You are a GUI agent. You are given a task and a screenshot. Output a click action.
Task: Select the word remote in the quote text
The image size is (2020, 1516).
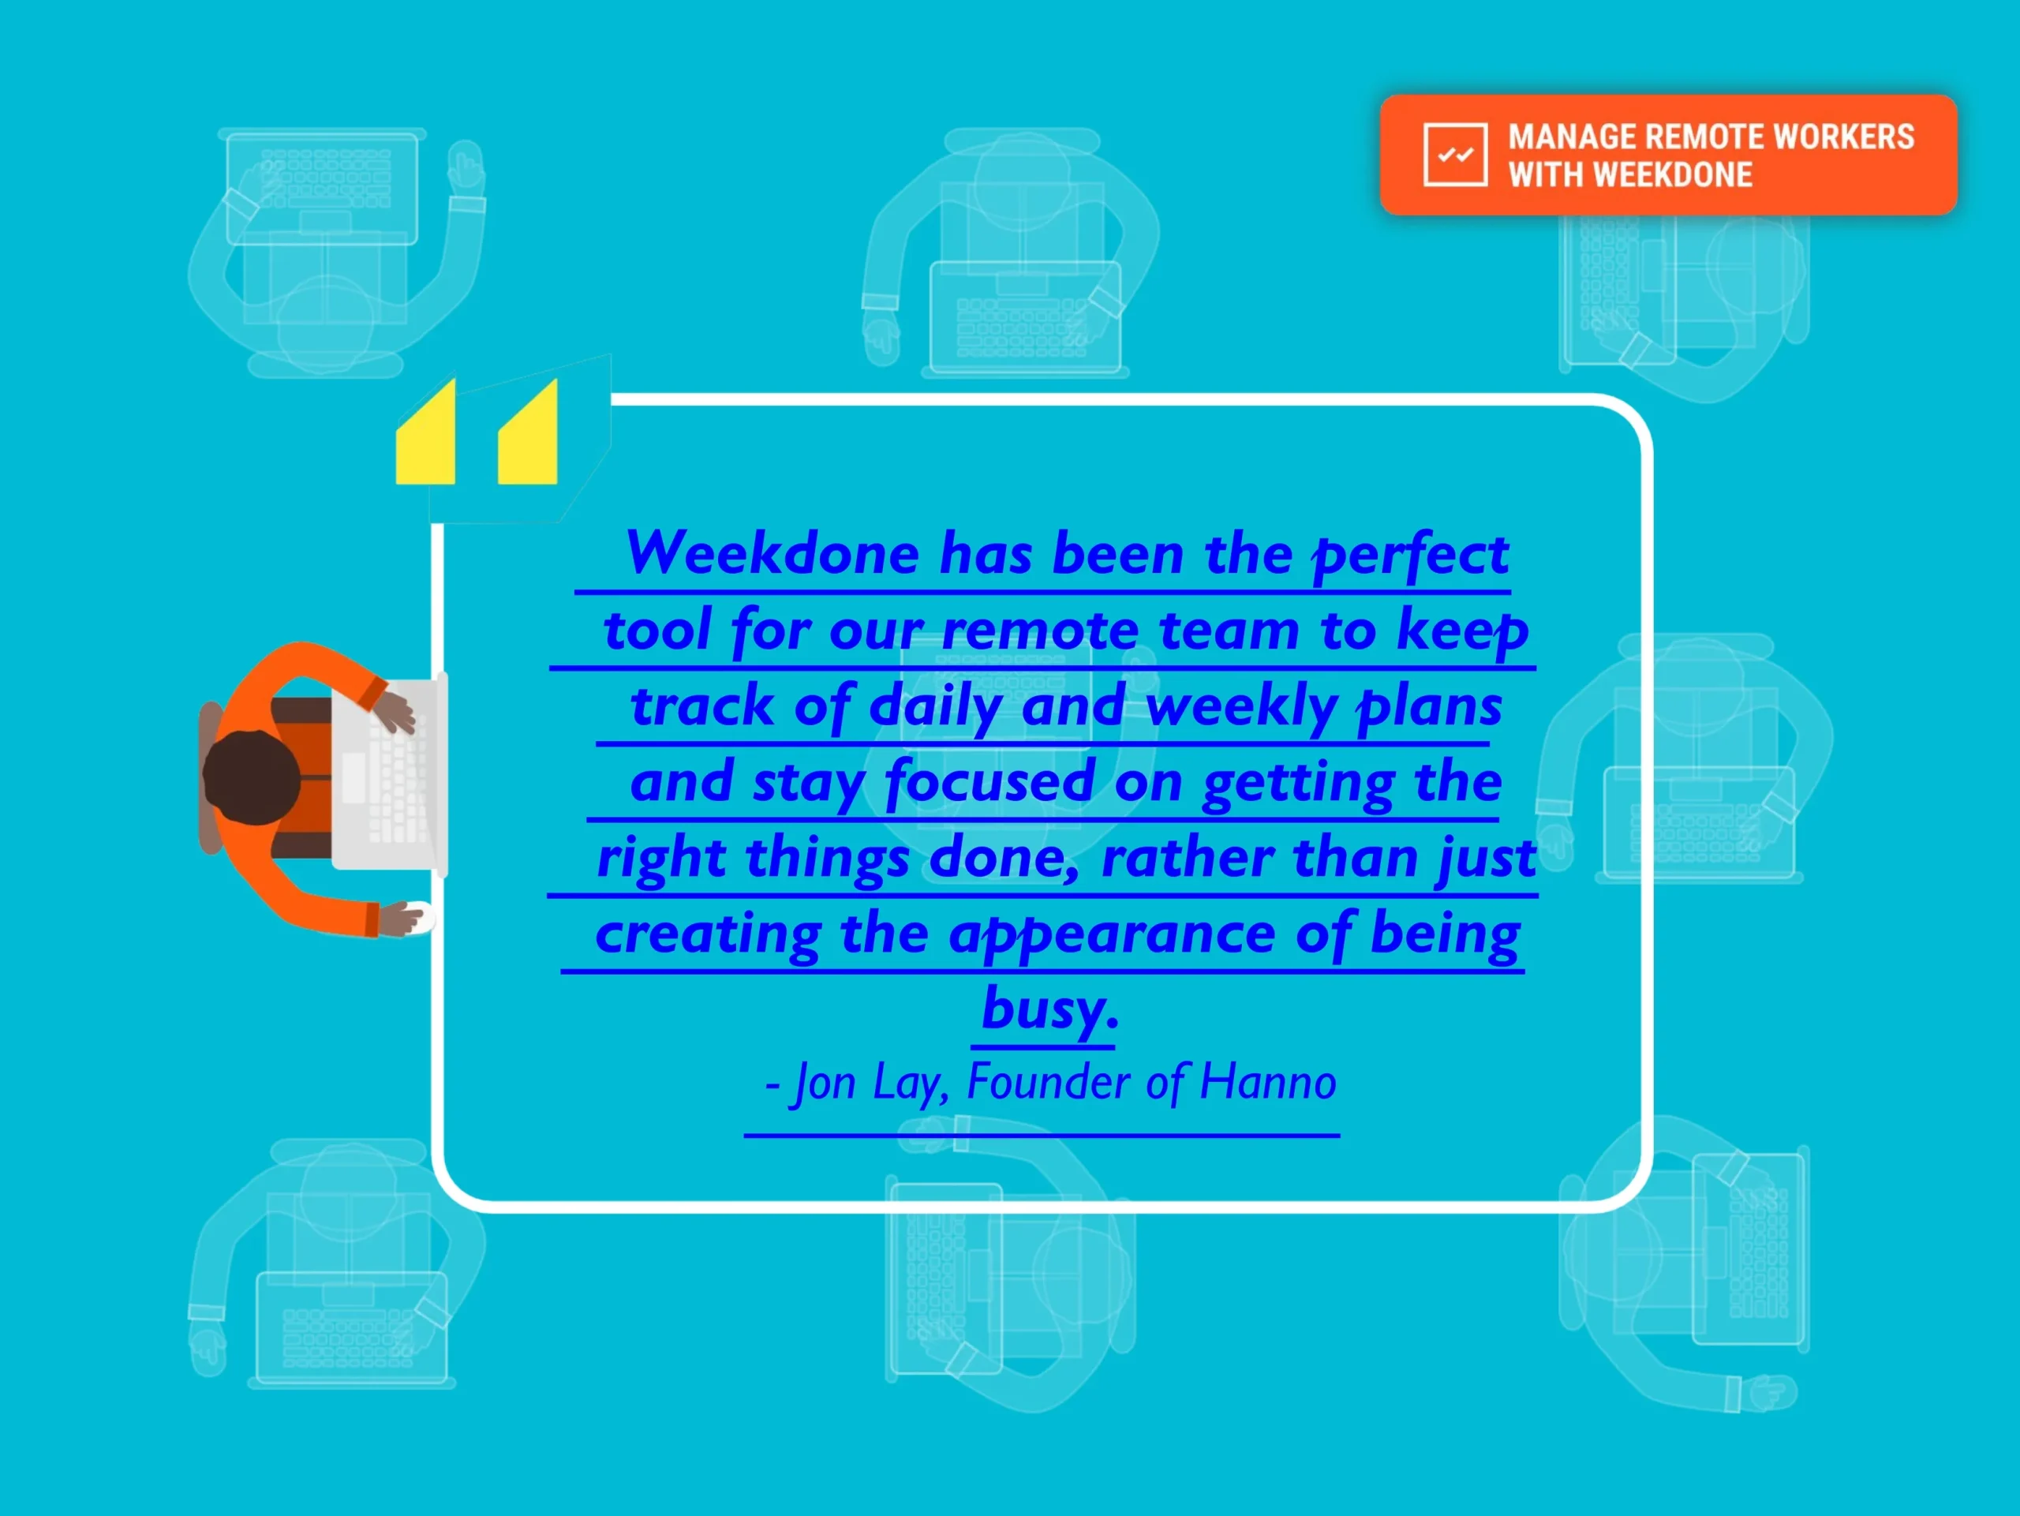click(x=1039, y=630)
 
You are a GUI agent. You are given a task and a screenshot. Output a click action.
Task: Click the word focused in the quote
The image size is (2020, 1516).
click(x=989, y=783)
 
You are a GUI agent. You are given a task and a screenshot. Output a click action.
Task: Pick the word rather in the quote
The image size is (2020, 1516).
click(x=1188, y=859)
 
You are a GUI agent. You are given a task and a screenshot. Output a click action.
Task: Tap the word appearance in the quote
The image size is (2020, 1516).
click(x=1111, y=936)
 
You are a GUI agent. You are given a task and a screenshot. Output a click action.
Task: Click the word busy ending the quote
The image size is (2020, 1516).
click(x=1049, y=1011)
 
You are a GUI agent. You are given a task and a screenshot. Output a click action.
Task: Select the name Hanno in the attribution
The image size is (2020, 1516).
click(x=1267, y=1082)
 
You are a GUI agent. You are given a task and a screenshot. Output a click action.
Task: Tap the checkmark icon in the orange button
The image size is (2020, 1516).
click(x=1455, y=155)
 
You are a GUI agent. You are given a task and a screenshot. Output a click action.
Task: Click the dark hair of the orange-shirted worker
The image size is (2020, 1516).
click(x=251, y=777)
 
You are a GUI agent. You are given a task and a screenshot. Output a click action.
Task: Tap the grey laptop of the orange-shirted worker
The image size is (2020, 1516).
click(x=389, y=774)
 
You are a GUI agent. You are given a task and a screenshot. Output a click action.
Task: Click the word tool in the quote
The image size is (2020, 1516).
click(x=657, y=630)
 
